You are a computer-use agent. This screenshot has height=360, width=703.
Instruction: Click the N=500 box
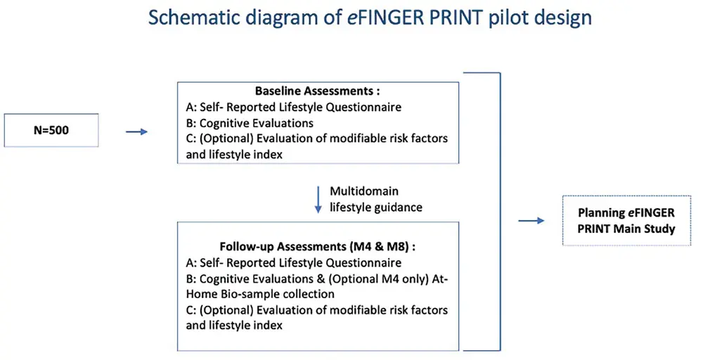click(51, 130)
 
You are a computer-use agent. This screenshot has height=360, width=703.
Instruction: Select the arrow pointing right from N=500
click(137, 131)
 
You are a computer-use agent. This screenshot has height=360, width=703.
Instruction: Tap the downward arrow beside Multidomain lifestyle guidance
click(318, 200)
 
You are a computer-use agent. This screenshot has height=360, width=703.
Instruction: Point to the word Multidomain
click(364, 191)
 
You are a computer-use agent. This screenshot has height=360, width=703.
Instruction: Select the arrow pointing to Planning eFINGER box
click(531, 221)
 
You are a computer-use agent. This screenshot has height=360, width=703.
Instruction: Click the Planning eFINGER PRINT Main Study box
click(626, 221)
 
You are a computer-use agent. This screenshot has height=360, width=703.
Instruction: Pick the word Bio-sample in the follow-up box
click(252, 294)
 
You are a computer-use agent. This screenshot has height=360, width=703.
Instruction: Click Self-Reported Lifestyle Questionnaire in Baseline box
click(294, 107)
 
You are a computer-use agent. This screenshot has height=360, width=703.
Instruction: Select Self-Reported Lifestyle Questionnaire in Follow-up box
click(294, 263)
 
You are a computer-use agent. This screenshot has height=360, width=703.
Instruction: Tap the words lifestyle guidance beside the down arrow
click(376, 207)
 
